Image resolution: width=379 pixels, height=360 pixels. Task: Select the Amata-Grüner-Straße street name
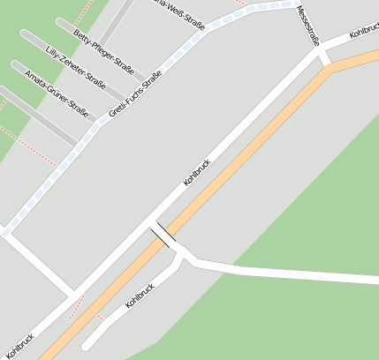pos(56,94)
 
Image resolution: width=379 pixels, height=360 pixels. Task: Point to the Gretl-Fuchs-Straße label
pos(134,96)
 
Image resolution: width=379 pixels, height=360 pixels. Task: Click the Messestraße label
pos(307,26)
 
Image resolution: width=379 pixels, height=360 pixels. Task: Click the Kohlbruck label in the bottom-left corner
pos(19,345)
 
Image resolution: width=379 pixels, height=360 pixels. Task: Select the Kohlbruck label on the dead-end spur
pos(140,296)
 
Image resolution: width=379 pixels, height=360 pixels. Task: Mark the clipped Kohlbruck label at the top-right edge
pos(364,30)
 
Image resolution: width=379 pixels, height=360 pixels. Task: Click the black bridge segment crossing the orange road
pos(163,236)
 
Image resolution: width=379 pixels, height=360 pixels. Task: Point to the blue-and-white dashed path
pos(53,177)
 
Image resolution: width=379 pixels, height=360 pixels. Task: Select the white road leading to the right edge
pos(300,274)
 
